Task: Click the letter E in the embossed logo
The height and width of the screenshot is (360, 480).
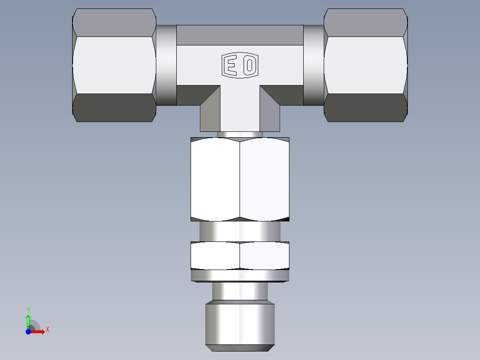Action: (231, 66)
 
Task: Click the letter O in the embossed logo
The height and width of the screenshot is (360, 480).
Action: (250, 66)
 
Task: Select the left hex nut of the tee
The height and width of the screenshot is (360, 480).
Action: (114, 65)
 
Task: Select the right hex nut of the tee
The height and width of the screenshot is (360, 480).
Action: (366, 65)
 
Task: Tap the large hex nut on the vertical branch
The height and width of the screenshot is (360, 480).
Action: (240, 179)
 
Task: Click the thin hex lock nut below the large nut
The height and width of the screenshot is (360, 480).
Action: (240, 256)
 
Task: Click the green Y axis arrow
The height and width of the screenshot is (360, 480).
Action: (28, 320)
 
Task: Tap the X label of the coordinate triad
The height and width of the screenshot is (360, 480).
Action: (48, 330)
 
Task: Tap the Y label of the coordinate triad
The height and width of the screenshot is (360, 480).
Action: (28, 310)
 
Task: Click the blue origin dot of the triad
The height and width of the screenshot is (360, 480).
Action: (28, 331)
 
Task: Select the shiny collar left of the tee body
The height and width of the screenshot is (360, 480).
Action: (166, 65)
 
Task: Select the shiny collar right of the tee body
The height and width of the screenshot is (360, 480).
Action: (313, 65)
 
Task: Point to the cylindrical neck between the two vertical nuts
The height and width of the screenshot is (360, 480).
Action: (240, 232)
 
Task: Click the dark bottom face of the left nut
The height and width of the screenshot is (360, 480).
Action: (114, 107)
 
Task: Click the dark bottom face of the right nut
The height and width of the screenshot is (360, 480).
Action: (366, 107)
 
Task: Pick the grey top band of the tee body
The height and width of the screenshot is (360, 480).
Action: (240, 35)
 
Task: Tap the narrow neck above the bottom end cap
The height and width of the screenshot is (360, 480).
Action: (240, 292)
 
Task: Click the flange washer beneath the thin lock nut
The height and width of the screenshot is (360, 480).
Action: (240, 276)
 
